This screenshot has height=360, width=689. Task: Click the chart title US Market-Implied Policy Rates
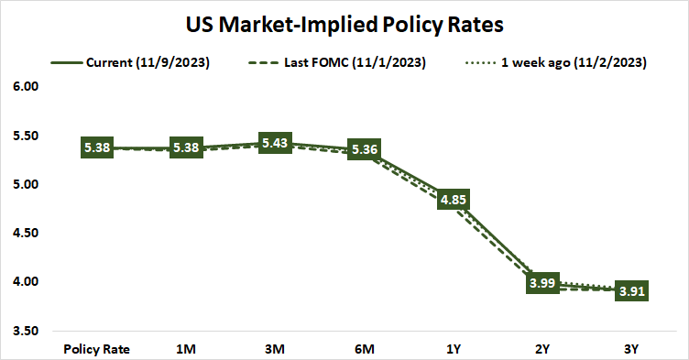pos(344,22)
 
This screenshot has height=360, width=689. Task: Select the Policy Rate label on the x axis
pos(96,348)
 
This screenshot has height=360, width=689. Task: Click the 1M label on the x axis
pos(186,348)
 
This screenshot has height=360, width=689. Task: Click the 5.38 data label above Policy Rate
pos(97,147)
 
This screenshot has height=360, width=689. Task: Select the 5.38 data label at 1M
pos(186,147)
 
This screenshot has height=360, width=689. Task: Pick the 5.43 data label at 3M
pos(276,143)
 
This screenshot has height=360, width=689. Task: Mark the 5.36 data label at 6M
pos(366,149)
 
